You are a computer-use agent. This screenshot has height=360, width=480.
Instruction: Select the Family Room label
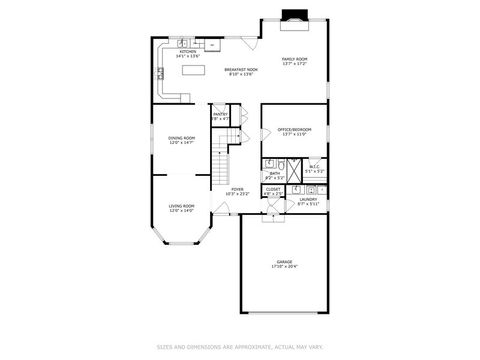294,59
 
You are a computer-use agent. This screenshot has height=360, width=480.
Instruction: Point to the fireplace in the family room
295,15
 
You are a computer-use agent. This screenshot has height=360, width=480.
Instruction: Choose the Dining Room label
181,138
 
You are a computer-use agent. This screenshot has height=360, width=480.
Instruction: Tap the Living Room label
181,206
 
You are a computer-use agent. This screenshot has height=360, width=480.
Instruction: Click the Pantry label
221,115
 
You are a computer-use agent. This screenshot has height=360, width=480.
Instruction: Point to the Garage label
285,261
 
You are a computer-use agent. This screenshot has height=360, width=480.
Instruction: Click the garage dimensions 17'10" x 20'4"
285,267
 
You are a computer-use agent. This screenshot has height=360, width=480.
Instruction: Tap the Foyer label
237,188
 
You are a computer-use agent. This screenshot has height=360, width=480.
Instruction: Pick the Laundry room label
308,198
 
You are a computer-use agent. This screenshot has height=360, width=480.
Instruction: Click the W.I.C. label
314,167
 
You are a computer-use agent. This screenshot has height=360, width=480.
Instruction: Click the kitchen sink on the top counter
185,43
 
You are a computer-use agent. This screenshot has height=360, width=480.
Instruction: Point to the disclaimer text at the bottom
240,347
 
